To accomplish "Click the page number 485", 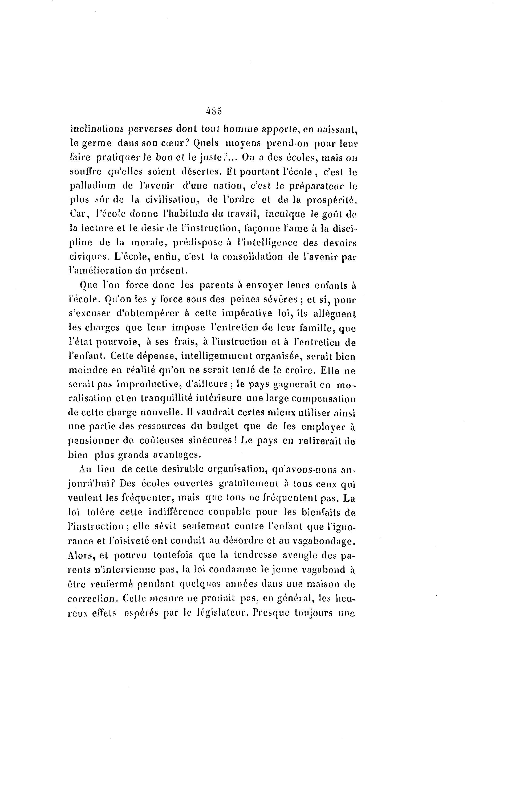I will [214, 111].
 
